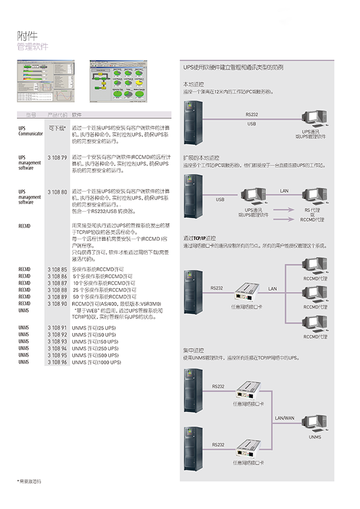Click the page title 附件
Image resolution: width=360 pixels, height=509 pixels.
(28, 37)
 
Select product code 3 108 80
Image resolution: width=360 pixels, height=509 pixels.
(57, 192)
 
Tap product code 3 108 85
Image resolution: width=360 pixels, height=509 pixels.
(57, 270)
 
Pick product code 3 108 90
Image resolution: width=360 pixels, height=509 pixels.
(57, 303)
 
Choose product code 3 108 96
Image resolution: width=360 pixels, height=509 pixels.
(57, 362)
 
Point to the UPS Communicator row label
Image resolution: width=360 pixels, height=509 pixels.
(30, 130)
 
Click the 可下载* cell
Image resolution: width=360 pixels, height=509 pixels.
(57, 128)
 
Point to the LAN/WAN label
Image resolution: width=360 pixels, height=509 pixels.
(285, 418)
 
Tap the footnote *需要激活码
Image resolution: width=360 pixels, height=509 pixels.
(29, 481)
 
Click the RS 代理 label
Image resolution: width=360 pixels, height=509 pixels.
(312, 210)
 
